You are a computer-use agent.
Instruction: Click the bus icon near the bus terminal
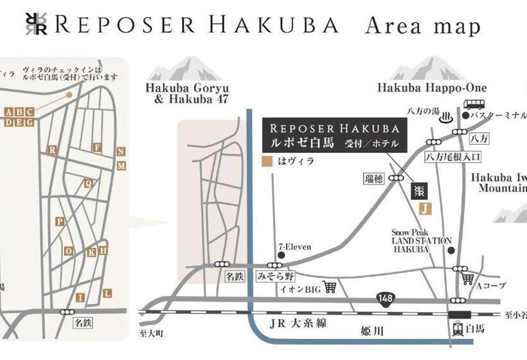click(474, 105)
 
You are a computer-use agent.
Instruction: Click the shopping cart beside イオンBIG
click(330, 287)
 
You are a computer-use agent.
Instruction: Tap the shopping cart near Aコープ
click(468, 279)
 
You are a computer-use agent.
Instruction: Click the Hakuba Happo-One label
click(432, 88)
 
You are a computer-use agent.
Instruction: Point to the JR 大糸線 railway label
click(299, 323)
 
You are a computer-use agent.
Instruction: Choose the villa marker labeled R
click(51, 149)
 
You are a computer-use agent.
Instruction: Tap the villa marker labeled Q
click(89, 183)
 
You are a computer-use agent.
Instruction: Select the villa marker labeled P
click(60, 221)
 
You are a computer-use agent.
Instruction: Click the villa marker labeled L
click(107, 293)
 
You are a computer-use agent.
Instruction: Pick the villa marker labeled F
click(98, 148)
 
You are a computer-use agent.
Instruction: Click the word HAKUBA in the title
click(282, 25)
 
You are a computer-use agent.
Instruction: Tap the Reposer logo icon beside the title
click(35, 25)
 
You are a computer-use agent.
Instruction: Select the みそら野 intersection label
click(275, 277)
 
